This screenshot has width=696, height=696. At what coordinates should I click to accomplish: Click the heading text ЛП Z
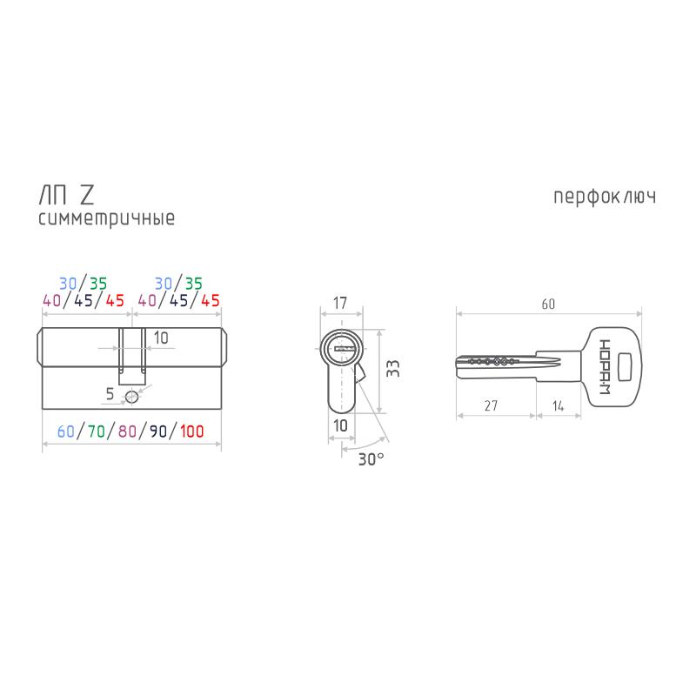click(x=67, y=195)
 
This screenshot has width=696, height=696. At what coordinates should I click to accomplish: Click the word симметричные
click(x=106, y=218)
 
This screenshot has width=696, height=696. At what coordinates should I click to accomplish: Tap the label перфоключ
click(x=605, y=197)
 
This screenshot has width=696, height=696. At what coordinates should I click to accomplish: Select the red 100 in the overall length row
click(x=191, y=432)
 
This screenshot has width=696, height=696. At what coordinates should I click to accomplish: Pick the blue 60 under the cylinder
click(x=66, y=432)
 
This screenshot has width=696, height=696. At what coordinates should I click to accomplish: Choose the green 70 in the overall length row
click(x=97, y=432)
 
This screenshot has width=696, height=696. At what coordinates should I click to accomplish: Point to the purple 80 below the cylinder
click(x=127, y=432)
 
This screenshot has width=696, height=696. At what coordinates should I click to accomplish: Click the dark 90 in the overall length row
click(x=158, y=432)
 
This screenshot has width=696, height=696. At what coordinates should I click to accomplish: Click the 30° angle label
click(x=371, y=459)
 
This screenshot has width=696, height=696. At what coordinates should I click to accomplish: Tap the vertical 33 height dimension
click(x=393, y=368)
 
